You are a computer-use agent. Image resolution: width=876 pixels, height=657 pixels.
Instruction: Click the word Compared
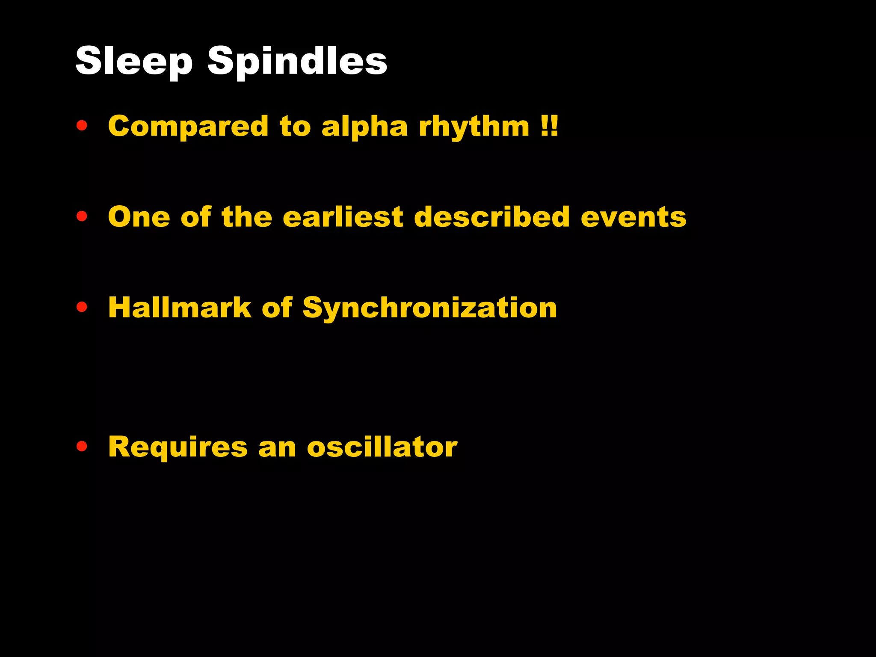[x=188, y=127]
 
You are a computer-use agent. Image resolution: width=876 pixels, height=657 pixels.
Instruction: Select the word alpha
[x=364, y=127]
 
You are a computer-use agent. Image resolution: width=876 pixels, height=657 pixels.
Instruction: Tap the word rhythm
[x=474, y=127]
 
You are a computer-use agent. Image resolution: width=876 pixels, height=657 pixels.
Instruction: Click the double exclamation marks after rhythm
[x=549, y=127]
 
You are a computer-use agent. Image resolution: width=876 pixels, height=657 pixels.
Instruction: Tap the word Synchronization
[x=429, y=308]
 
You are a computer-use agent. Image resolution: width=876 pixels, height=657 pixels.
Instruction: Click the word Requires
[x=178, y=447]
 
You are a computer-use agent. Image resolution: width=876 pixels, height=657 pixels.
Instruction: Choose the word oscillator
[x=382, y=447]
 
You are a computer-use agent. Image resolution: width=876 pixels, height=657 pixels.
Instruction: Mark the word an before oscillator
[x=277, y=447]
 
